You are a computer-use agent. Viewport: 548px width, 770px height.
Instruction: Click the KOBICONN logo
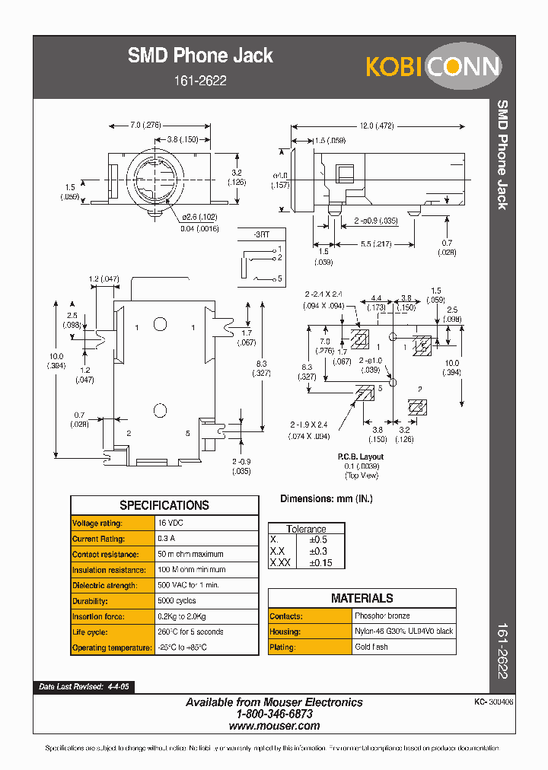pyautogui.click(x=433, y=66)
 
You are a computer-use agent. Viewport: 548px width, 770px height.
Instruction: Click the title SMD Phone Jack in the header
pyautogui.click(x=199, y=56)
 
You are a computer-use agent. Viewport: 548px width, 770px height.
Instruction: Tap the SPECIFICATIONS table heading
pyautogui.click(x=164, y=505)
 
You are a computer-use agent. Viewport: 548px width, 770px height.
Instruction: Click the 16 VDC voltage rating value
pyautogui.click(x=171, y=523)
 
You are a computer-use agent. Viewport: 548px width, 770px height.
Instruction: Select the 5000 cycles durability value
pyautogui.click(x=177, y=601)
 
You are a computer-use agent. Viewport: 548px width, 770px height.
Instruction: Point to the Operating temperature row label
pyautogui.click(x=112, y=647)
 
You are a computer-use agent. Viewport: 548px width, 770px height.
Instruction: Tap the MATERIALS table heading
pyautogui.click(x=362, y=598)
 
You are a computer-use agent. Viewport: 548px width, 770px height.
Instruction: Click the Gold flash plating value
pyautogui.click(x=371, y=647)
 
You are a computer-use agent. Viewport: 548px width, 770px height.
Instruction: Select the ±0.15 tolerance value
pyautogui.click(x=320, y=562)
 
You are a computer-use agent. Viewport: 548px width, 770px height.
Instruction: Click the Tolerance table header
pyautogui.click(x=306, y=529)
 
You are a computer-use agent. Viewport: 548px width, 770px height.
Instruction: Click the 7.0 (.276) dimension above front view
pyautogui.click(x=145, y=126)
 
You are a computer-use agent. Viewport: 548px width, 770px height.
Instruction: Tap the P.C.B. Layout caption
pyautogui.click(x=361, y=457)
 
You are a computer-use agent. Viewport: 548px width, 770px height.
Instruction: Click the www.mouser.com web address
pyautogui.click(x=274, y=726)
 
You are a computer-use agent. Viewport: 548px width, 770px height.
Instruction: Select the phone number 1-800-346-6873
pyautogui.click(x=274, y=714)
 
